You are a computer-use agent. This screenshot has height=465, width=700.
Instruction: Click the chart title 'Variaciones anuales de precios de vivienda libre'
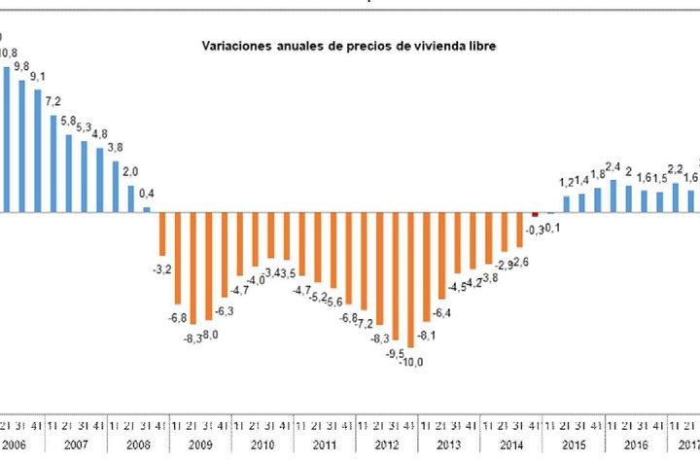click(348, 46)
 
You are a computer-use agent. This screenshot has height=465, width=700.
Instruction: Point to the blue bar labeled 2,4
click(612, 196)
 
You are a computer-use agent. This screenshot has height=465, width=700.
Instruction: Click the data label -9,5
click(396, 353)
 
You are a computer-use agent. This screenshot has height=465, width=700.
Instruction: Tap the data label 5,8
click(68, 122)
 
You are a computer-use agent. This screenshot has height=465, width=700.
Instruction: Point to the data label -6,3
click(225, 310)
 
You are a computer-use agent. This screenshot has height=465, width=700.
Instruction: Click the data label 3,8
click(115, 148)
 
